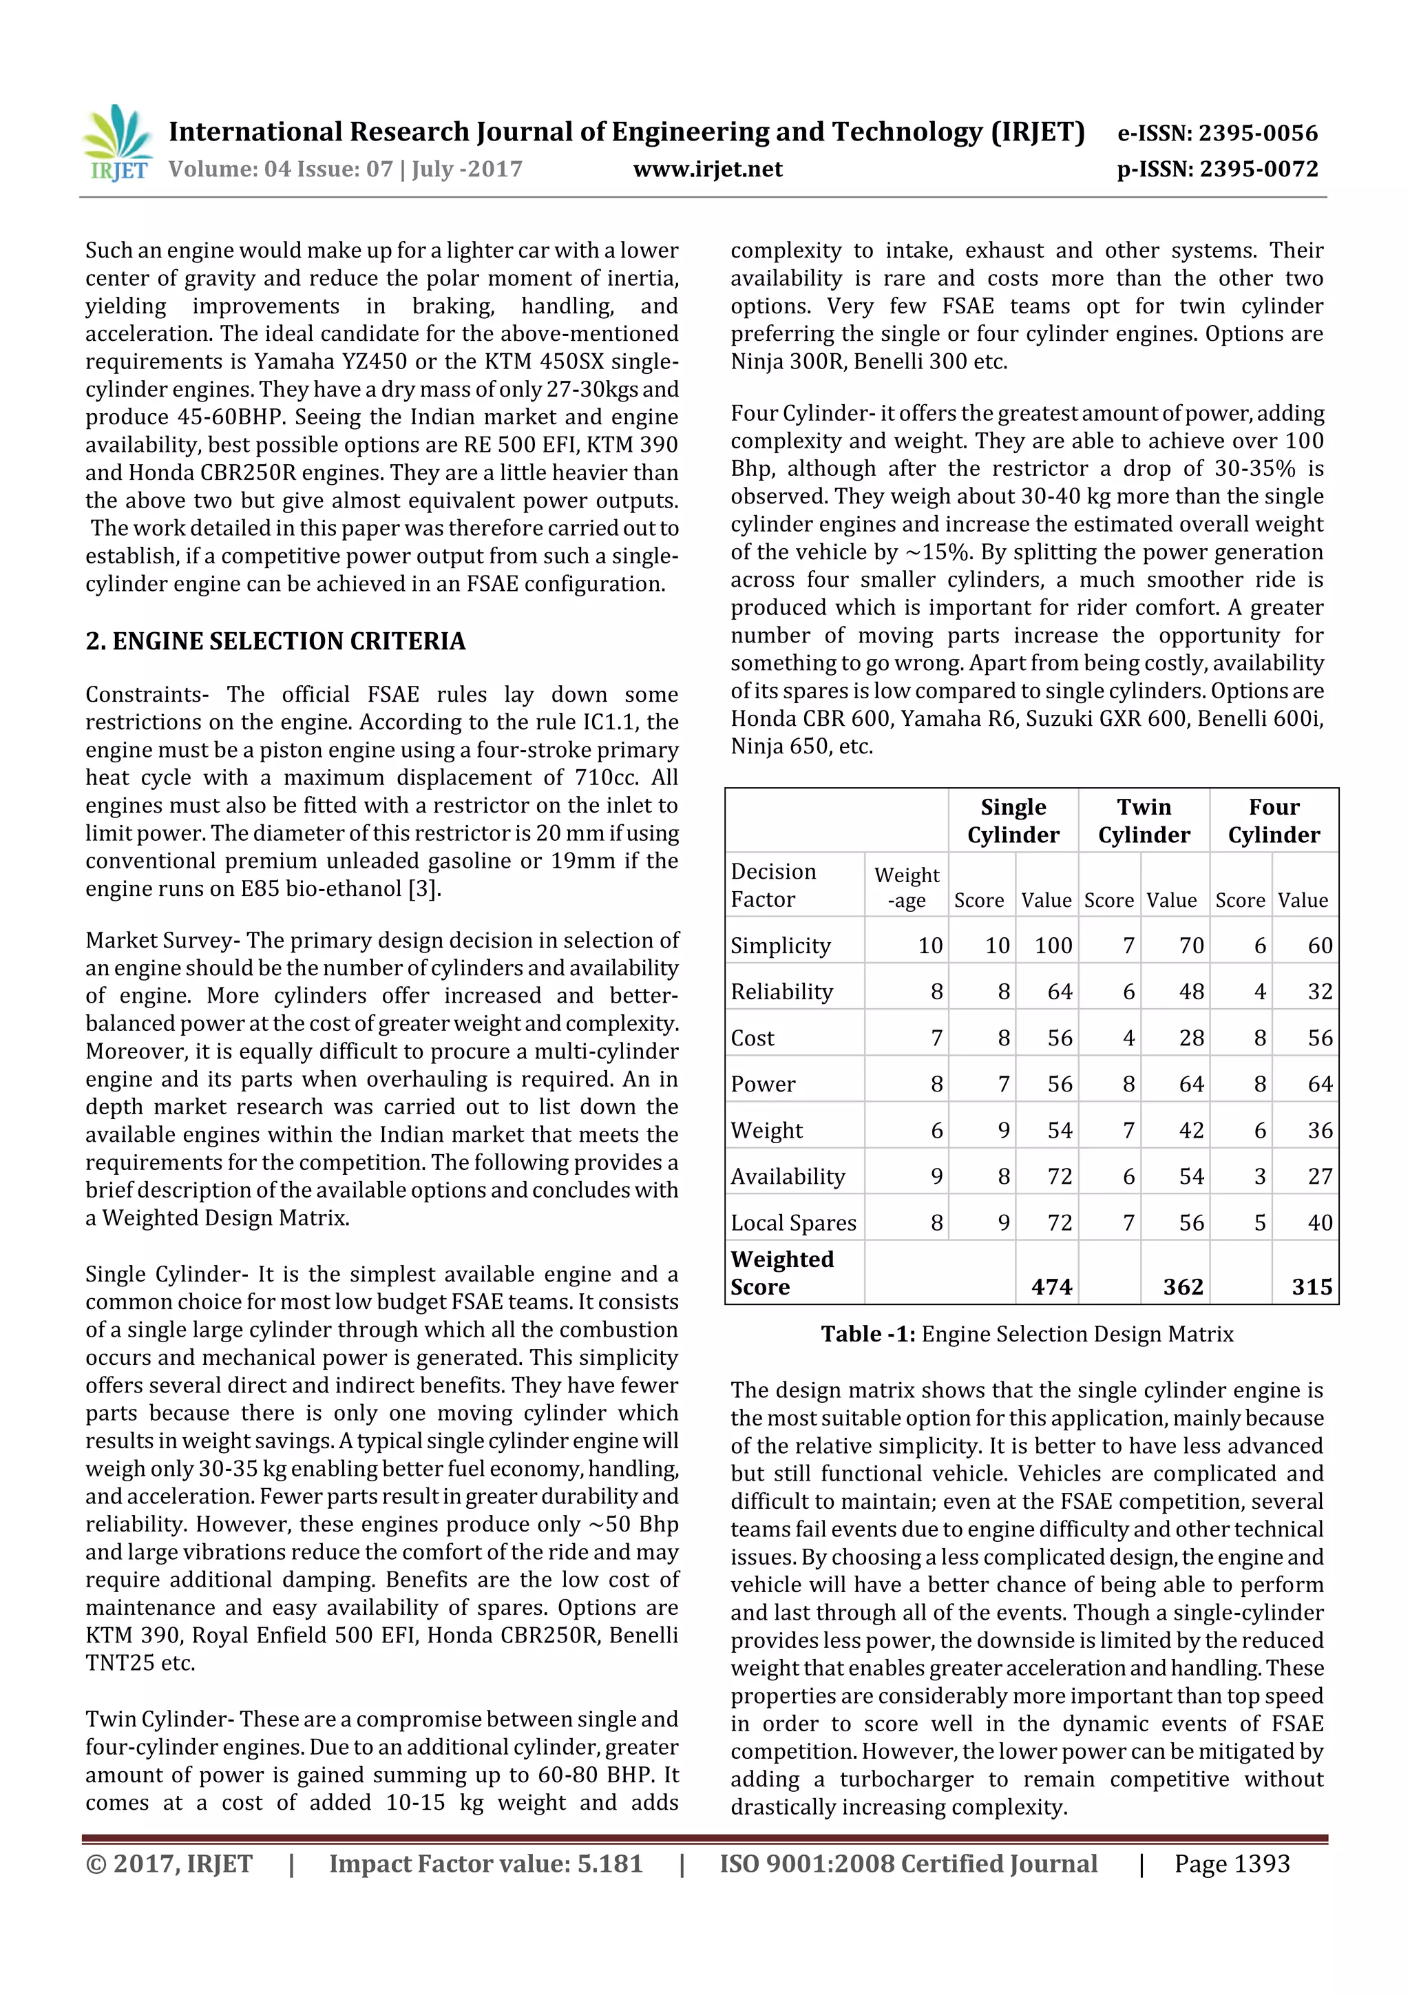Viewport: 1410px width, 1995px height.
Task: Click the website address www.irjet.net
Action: coord(707,169)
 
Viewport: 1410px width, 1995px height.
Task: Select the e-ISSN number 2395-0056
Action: coord(1258,133)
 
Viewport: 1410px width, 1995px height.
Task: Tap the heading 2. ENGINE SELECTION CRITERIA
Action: coord(275,641)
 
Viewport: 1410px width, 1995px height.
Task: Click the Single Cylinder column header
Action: coord(1013,820)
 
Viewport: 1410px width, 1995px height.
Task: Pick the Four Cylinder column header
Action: coord(1274,820)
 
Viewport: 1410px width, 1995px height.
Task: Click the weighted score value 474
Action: coord(1051,1287)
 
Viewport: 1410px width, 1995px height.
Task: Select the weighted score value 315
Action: coord(1311,1287)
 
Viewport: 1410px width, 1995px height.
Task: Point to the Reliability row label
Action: coord(782,992)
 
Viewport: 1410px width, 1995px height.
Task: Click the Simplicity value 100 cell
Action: coord(1053,946)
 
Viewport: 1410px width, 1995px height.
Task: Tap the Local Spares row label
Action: coord(793,1222)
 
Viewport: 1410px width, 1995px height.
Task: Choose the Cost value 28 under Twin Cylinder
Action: coord(1190,1038)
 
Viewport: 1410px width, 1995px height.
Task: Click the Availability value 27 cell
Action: coord(1319,1176)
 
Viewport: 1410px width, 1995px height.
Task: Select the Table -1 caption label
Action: coord(868,1334)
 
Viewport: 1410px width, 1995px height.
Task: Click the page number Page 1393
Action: coord(1231,1863)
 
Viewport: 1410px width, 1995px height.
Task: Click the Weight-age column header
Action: coord(906,886)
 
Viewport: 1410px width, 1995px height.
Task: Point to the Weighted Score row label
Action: coord(782,1273)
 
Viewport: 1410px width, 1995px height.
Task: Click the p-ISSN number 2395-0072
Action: coord(1258,169)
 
